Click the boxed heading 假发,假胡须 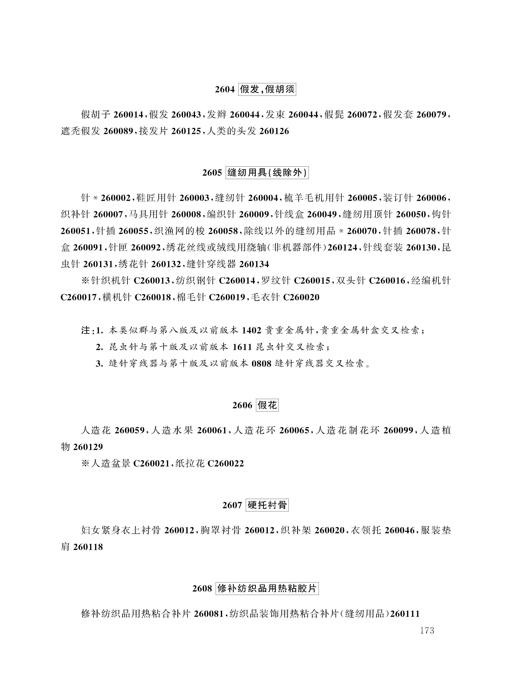267,90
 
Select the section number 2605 212,173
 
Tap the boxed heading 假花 267,405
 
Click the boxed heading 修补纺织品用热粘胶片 267,588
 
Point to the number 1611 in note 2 242,347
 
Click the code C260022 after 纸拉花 226,463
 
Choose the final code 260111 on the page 405,614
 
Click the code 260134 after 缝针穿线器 254,264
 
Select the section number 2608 202,588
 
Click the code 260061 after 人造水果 212,430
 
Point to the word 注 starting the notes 85,330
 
